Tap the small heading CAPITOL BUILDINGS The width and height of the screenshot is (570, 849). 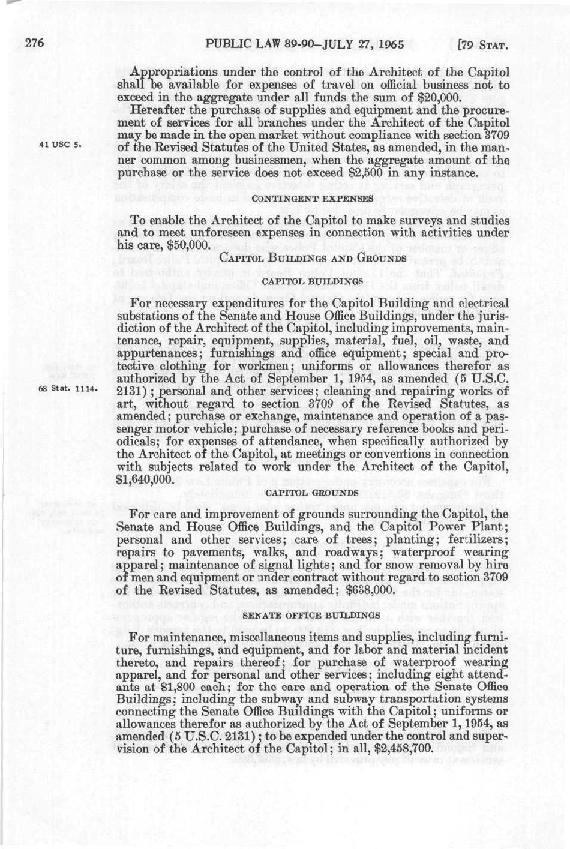(x=312, y=280)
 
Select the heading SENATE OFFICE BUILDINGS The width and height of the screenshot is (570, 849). (x=312, y=615)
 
